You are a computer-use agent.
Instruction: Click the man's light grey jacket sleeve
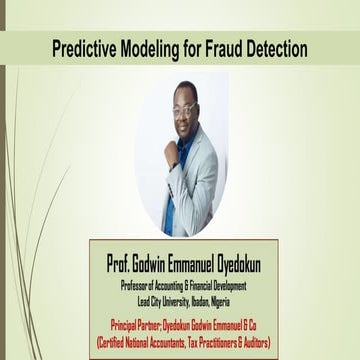coord(214,190)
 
